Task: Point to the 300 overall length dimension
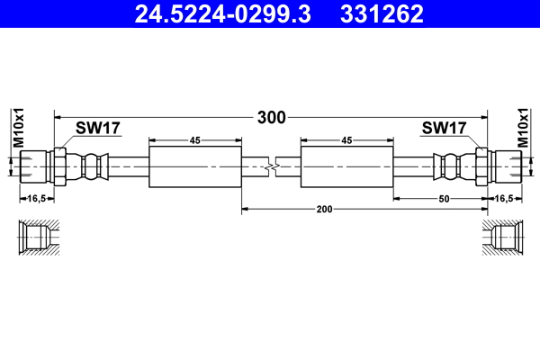pos(271,117)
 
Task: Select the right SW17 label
pos(444,129)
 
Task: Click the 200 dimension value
pos(324,209)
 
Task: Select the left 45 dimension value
pos(194,140)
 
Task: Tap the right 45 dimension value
pos(346,140)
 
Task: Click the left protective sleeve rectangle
pos(194,167)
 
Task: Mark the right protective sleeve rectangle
pos(346,167)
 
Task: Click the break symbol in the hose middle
pos(271,167)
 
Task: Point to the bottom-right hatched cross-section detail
pos(500,238)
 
